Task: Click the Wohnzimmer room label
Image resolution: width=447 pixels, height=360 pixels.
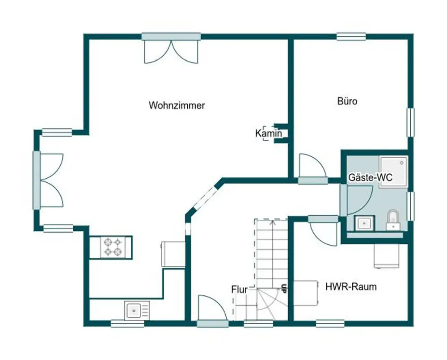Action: [x=177, y=105]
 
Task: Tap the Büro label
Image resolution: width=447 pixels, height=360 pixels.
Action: [x=347, y=101]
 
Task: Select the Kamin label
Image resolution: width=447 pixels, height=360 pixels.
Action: [x=269, y=133]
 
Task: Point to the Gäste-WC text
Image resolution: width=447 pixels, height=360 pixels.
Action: [x=370, y=177]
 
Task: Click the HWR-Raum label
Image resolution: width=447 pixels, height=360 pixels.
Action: [x=351, y=286]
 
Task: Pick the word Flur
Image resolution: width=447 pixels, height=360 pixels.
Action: [x=240, y=289]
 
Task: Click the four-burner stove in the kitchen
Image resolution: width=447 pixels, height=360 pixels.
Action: [x=113, y=247]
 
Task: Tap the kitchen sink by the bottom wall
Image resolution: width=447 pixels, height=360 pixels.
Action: [x=137, y=310]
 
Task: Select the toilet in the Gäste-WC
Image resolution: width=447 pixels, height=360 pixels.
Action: [x=393, y=220]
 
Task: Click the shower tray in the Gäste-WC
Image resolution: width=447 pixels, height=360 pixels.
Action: [x=393, y=171]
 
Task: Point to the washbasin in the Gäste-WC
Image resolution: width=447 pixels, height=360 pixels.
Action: [x=364, y=223]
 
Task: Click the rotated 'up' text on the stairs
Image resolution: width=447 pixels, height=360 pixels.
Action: [x=283, y=289]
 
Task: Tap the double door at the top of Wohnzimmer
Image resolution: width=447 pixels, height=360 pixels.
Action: [x=171, y=52]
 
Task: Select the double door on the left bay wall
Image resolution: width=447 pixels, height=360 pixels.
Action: [x=51, y=180]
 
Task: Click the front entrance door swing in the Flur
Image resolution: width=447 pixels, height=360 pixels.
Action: [x=213, y=308]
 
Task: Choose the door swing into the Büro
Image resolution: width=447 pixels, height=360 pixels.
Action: [x=312, y=166]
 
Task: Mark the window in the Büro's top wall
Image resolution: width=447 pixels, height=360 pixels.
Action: [x=351, y=37]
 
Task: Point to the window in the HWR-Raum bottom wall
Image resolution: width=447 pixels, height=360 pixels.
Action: [x=330, y=323]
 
